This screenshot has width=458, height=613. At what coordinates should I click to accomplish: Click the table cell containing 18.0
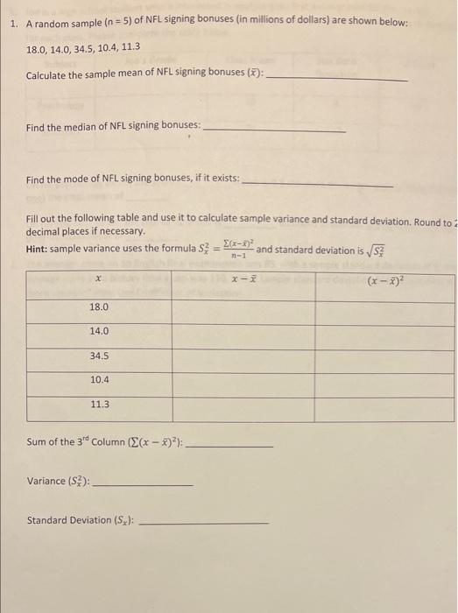tap(98, 307)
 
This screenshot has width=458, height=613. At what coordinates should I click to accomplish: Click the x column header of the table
tap(98, 279)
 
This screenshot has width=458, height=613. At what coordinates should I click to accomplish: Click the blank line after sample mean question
tap(336, 80)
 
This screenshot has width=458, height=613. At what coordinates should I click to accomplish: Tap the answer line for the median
tap(273, 130)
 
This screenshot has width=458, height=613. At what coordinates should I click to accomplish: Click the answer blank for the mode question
tap(316, 184)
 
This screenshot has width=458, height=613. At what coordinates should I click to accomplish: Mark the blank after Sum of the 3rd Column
tap(231, 447)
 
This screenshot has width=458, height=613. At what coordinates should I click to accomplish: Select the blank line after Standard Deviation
tap(204, 524)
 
